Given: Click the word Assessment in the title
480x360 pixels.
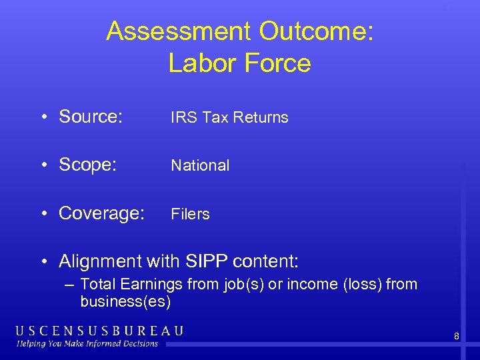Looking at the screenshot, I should pos(178,31).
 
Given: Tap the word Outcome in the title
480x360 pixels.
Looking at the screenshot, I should pos(316,31).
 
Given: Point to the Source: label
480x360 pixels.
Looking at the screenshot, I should pos(91,117).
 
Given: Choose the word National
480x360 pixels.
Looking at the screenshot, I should pos(200,165).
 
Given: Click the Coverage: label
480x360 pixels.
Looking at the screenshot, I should pos(101,213).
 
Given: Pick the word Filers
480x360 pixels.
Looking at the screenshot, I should pos(190,214).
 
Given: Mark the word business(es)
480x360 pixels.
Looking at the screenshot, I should pos(125,301).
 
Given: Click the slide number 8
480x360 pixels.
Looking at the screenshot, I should pos(457,337).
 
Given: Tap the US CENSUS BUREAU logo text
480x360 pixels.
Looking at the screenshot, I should pos(100,331).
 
